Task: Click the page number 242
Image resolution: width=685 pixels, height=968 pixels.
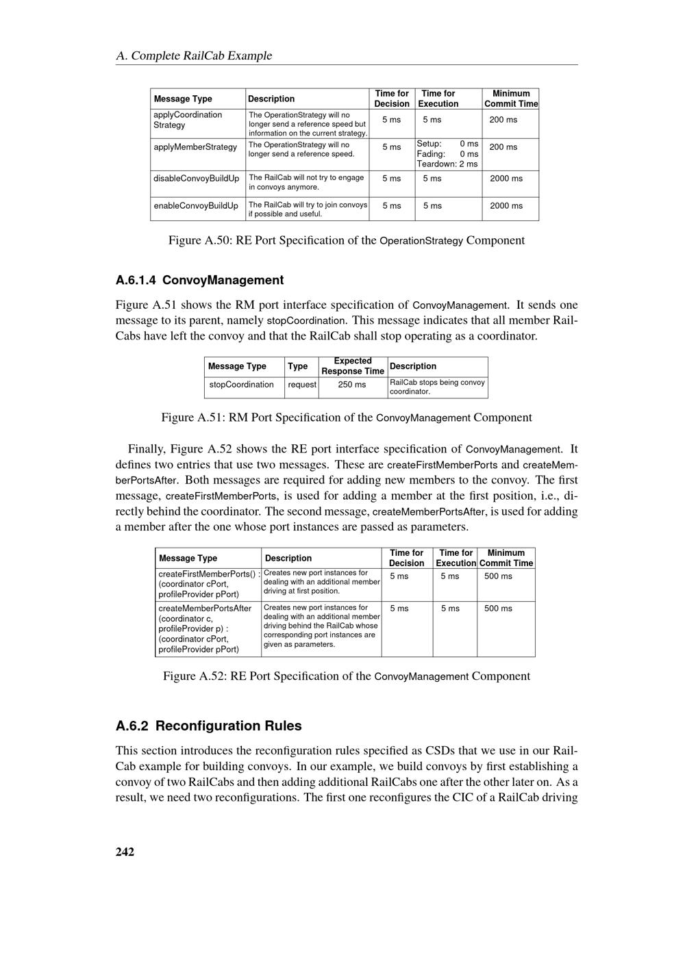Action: point(125,852)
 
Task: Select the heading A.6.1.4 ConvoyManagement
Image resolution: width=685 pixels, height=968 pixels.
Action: point(199,280)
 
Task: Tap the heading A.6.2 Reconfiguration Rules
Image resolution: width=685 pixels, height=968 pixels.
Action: point(208,726)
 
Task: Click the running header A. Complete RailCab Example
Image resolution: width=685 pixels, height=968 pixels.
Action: point(194,55)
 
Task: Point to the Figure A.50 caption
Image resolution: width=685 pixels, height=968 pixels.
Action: point(347,240)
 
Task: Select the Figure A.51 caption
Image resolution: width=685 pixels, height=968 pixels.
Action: point(346,418)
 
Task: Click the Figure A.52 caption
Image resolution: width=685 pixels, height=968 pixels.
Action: point(346,676)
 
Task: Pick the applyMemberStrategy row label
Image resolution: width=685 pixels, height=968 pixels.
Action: point(195,147)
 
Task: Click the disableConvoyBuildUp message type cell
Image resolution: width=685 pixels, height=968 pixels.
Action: point(197,179)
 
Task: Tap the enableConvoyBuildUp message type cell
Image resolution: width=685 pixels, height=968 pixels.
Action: point(196,205)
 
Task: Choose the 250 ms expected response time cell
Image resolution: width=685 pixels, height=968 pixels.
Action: point(352,385)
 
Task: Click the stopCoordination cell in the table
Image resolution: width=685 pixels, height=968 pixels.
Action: point(242,385)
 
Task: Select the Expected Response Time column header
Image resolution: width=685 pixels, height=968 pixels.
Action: point(353,366)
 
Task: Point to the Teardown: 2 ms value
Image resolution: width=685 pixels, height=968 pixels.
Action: point(447,164)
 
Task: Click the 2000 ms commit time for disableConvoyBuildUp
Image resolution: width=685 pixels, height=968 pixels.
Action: point(506,179)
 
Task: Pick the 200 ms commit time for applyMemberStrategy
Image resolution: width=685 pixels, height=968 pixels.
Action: point(503,147)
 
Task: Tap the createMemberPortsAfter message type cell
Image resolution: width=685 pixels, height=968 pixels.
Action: point(206,628)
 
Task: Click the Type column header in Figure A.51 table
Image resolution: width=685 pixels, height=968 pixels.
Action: point(297,366)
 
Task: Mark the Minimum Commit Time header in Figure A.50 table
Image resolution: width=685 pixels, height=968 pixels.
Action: point(511,99)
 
